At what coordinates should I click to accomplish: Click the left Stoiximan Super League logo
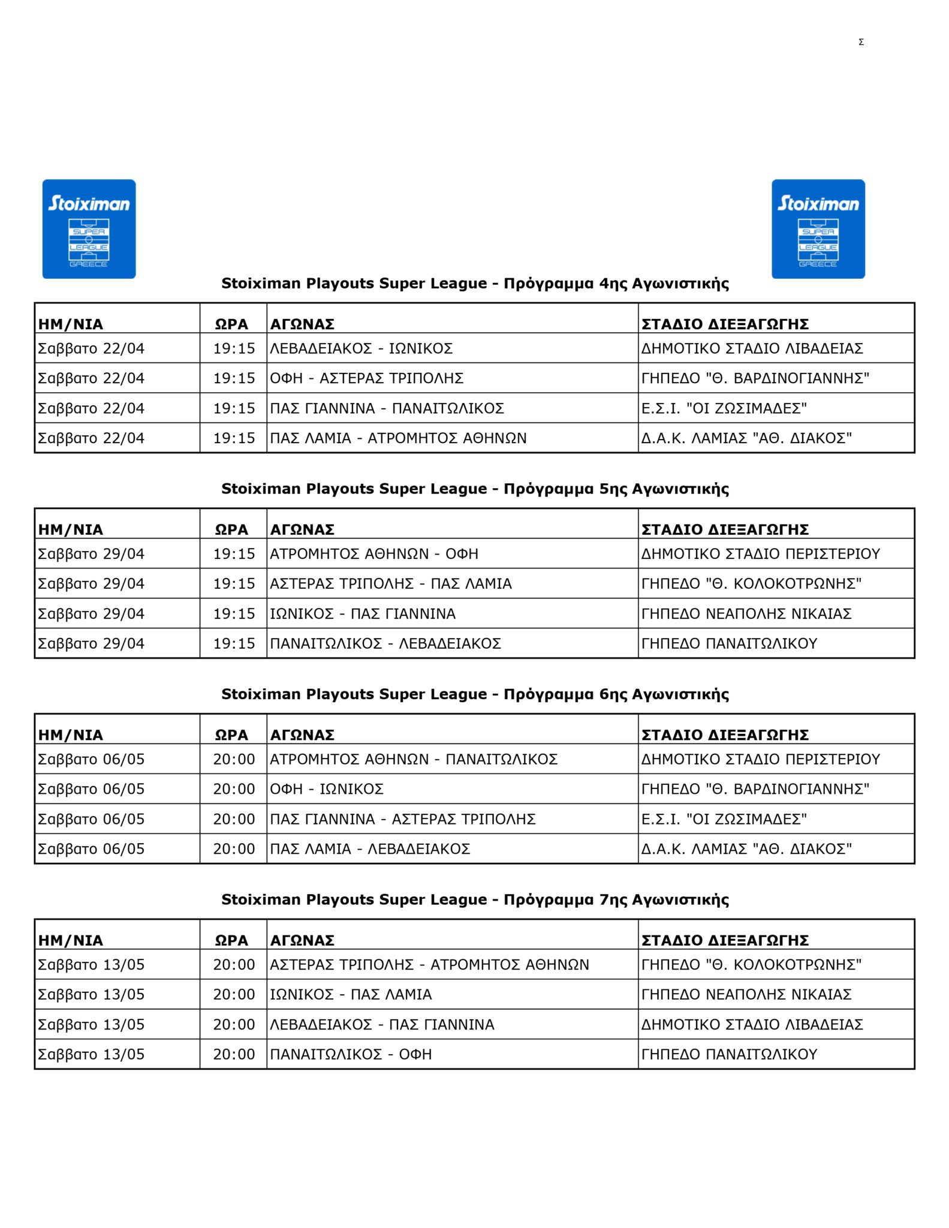(89, 228)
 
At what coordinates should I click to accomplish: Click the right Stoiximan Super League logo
(818, 228)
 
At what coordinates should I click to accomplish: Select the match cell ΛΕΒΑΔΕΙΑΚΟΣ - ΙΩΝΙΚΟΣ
(361, 348)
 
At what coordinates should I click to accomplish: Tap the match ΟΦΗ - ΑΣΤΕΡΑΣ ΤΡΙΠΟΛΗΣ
(366, 378)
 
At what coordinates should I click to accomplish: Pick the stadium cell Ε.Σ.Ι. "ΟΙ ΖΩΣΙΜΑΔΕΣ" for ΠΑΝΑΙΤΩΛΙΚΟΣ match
(724, 408)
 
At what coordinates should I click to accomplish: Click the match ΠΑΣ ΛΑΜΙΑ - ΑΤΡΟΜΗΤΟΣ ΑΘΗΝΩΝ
(398, 438)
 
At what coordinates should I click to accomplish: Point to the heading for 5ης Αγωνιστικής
(475, 489)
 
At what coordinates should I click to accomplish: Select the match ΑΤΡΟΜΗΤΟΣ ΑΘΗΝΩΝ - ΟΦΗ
(374, 553)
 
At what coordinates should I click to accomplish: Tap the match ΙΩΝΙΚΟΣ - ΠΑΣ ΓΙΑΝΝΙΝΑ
(363, 613)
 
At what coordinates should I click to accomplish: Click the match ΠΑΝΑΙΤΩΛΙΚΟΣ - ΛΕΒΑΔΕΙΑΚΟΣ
(385, 643)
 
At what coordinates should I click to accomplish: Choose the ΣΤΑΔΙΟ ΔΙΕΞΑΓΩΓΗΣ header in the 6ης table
(725, 735)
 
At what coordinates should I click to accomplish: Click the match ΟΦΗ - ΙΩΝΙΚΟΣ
(327, 789)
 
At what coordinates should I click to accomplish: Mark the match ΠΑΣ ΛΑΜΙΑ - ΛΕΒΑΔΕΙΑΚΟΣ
(370, 849)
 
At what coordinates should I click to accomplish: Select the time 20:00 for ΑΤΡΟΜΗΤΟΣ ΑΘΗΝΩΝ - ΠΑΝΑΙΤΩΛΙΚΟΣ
(234, 759)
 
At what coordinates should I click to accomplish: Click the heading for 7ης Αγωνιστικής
(475, 899)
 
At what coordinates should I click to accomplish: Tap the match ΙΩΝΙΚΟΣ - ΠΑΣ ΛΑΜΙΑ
(351, 994)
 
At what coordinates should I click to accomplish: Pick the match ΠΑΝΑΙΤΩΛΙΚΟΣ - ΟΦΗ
(351, 1054)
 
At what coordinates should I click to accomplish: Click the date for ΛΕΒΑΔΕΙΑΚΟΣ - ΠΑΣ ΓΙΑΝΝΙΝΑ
(91, 1024)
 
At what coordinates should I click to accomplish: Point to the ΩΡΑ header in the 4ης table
(231, 324)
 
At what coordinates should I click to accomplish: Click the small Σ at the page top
(861, 42)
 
